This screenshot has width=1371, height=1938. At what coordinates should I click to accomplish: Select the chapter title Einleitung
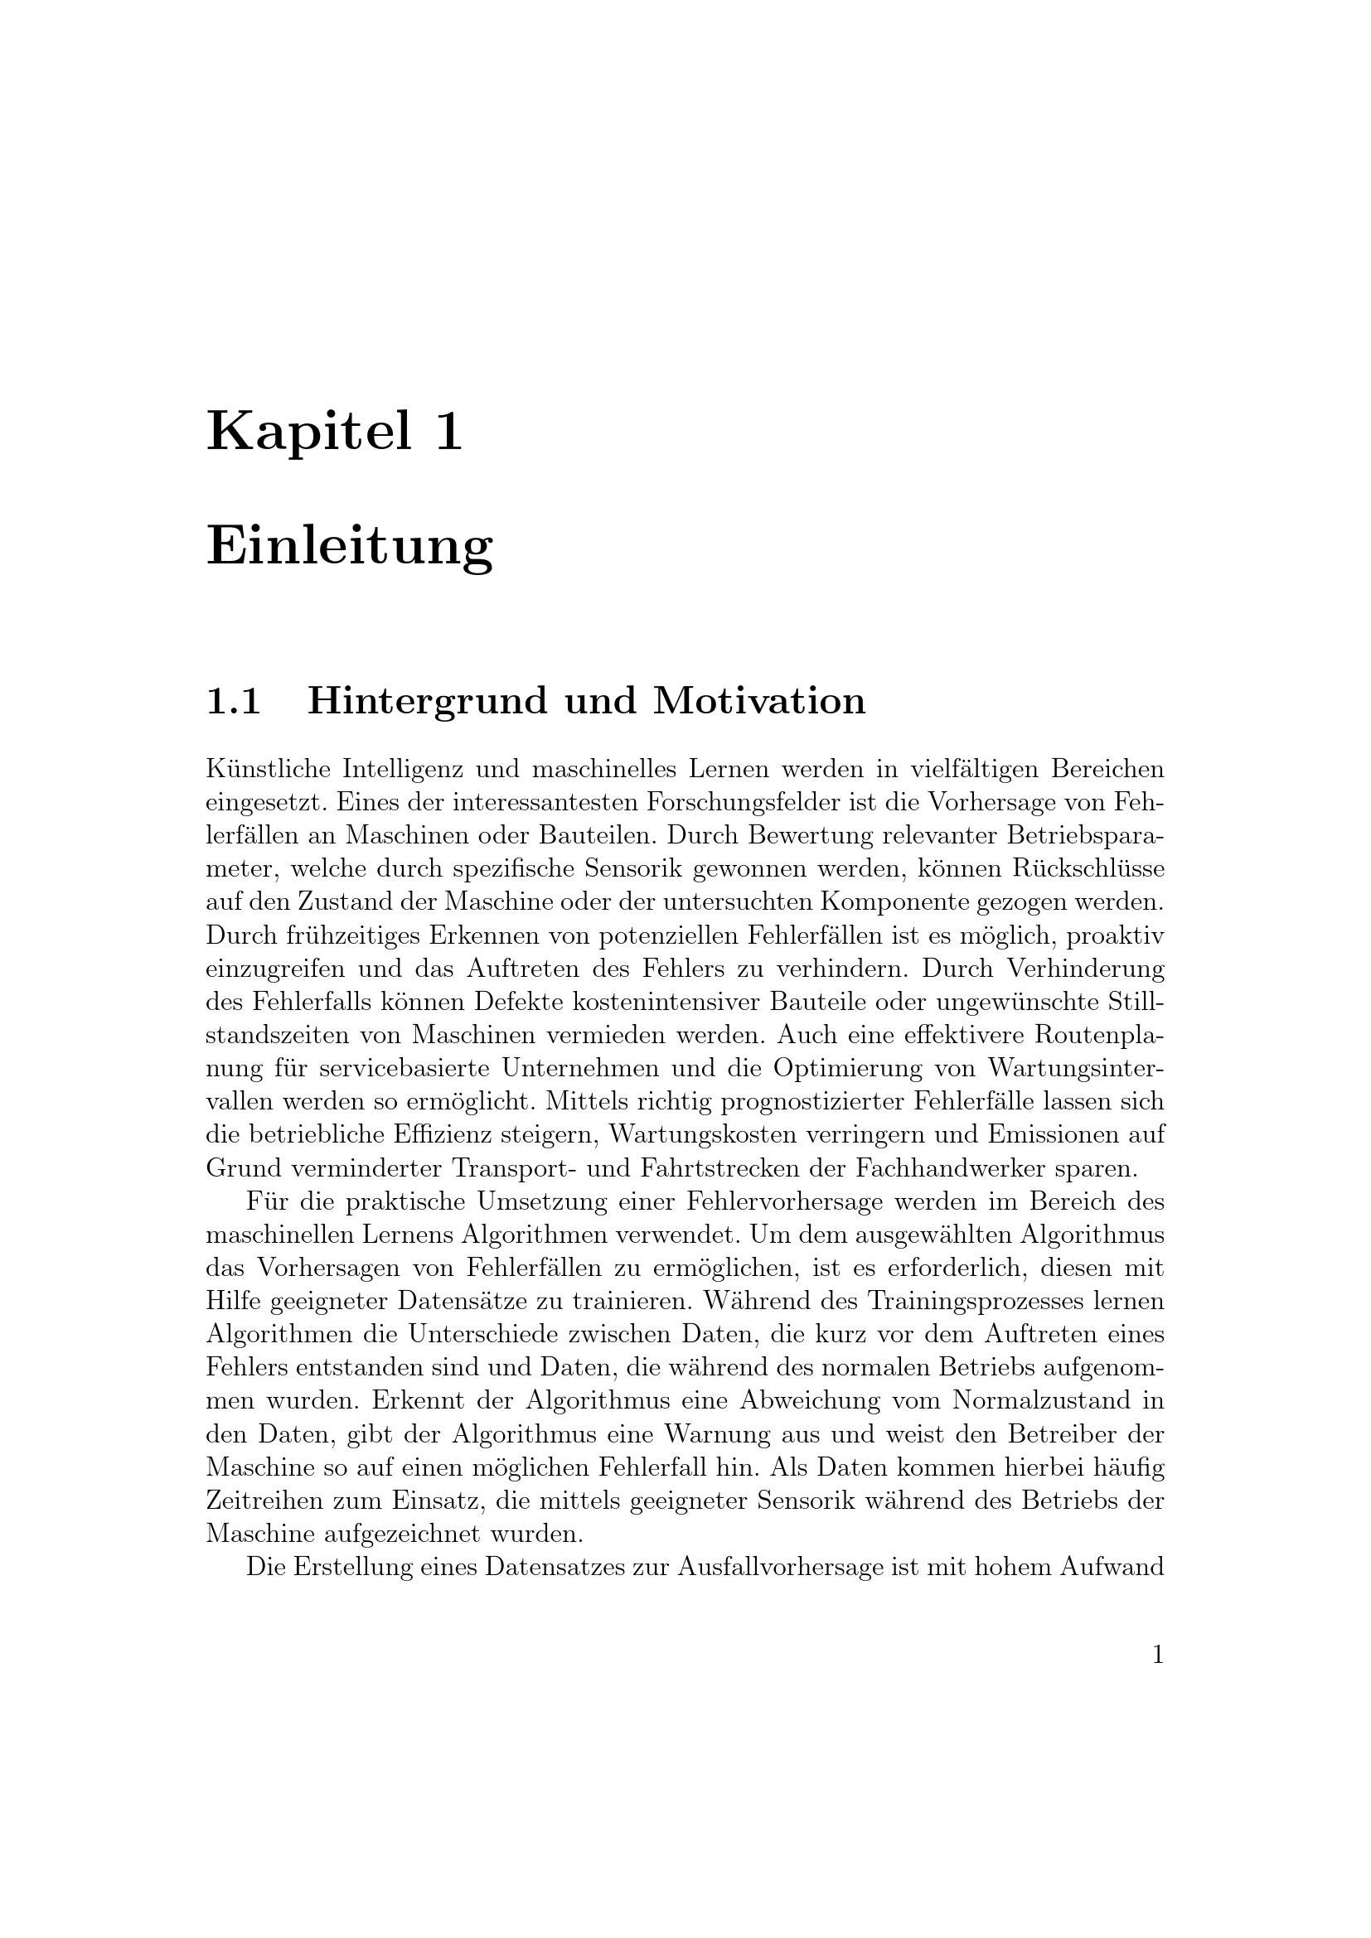(x=350, y=546)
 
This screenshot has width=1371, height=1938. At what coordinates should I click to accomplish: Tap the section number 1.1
(x=233, y=701)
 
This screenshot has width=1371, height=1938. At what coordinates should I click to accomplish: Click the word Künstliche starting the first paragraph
(x=267, y=769)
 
